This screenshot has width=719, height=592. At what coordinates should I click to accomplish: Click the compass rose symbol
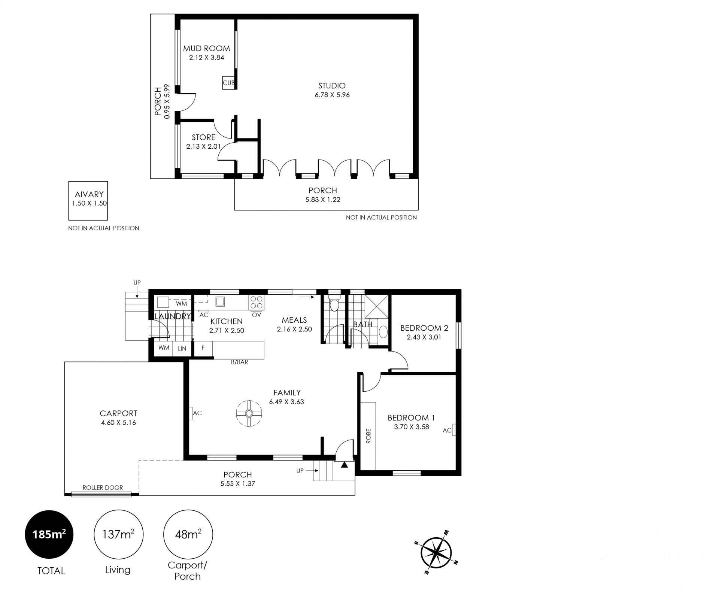click(x=437, y=553)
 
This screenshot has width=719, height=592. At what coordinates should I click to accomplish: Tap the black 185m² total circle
click(x=49, y=535)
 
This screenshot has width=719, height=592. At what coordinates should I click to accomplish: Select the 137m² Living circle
click(x=118, y=535)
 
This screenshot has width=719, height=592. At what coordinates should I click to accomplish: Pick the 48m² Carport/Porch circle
click(x=188, y=535)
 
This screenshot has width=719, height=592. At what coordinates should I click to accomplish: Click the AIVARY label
click(x=89, y=194)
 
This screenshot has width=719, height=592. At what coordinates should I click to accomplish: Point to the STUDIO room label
click(x=332, y=86)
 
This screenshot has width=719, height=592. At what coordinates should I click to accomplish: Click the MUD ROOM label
click(x=206, y=48)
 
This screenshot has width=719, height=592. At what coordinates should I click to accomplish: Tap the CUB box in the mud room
click(x=228, y=83)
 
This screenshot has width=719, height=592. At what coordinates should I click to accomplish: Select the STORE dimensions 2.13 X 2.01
click(x=203, y=146)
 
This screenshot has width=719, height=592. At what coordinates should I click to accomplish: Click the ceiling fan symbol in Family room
click(x=249, y=413)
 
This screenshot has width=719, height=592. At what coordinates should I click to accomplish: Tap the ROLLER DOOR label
click(x=103, y=488)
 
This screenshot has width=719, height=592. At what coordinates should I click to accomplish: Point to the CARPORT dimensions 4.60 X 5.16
click(x=118, y=423)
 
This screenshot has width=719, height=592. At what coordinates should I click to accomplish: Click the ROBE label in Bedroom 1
click(x=368, y=436)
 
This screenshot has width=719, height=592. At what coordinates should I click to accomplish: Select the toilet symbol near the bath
click(x=334, y=304)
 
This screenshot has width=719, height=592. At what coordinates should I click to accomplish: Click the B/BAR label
click(x=240, y=362)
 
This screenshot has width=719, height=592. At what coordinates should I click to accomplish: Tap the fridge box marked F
click(x=203, y=348)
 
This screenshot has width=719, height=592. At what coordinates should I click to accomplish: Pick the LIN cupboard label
click(x=182, y=349)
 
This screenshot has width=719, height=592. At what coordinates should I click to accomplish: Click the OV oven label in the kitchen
click(x=257, y=315)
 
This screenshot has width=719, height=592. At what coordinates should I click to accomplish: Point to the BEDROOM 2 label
click(x=424, y=328)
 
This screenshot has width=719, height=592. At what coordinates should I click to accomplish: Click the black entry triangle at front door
click(x=344, y=465)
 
